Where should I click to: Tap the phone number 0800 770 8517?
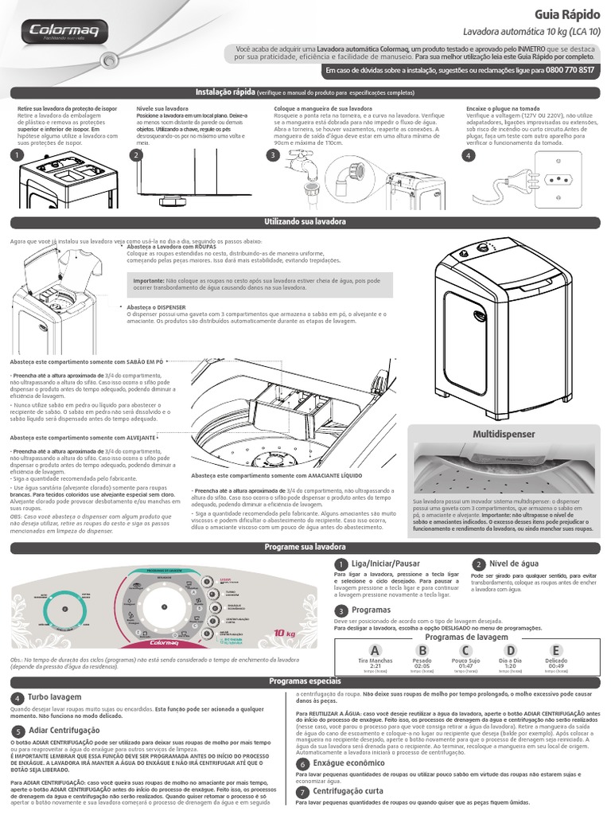tap(565, 71)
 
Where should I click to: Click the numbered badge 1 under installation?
tap(15, 156)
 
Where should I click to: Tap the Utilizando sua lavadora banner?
tap(305, 220)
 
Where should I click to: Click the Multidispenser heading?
tap(504, 435)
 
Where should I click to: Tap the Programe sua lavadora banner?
tap(305, 548)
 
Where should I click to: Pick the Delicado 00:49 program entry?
tap(556, 661)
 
